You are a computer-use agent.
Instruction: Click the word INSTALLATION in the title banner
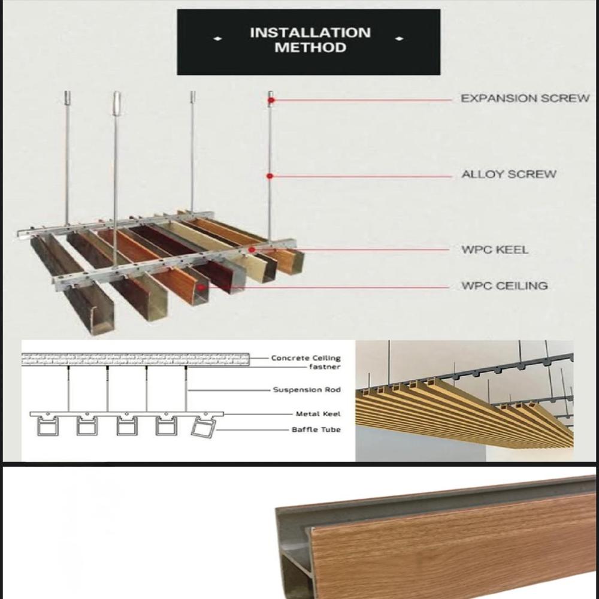(310, 33)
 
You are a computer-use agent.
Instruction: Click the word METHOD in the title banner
(310, 48)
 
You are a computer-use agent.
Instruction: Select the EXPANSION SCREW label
(525, 99)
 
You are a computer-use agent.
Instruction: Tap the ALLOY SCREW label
(509, 175)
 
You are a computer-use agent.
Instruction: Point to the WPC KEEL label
(495, 249)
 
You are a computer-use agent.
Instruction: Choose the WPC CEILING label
(504, 286)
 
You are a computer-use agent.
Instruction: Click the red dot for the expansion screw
(271, 100)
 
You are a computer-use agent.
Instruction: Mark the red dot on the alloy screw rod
(270, 176)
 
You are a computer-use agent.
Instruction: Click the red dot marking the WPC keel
(252, 249)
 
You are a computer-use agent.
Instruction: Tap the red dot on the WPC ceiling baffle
(202, 287)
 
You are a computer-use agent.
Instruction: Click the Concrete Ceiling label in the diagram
(305, 358)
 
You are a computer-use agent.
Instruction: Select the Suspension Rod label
(307, 390)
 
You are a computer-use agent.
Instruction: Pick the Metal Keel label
(318, 414)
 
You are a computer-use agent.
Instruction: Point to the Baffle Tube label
(316, 429)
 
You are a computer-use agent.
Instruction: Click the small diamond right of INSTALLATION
(400, 40)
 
